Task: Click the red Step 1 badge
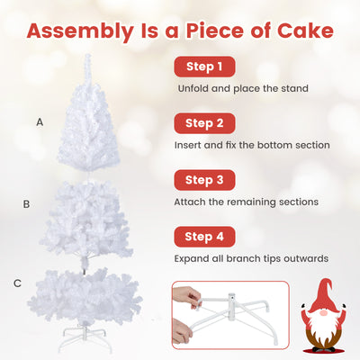204,67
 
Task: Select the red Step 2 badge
204,122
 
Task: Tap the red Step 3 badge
204,179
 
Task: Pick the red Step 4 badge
204,237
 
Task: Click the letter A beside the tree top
40,121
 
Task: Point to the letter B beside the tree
26,204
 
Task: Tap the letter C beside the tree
17,283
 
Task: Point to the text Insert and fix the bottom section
252,145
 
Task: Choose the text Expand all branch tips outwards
251,259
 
